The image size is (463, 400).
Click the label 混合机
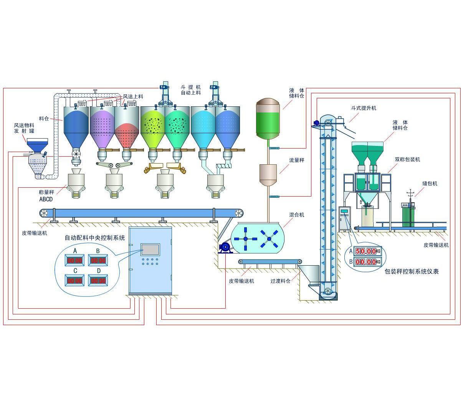pos(296,215)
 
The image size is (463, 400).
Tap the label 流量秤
pos(296,160)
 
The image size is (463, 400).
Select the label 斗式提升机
pos(364,108)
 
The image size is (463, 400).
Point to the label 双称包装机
pos(407,160)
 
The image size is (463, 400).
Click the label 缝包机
pos(430,184)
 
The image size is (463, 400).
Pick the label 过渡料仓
pos(280,281)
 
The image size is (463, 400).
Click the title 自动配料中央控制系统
pos(95,238)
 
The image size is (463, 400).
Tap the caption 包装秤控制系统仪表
pos(412,272)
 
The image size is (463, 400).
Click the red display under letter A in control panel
pos(75,261)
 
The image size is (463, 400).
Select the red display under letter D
pos(98,281)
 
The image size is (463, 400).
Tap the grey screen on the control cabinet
pos(150,250)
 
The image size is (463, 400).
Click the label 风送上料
pos(133,97)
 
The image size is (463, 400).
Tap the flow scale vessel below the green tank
pos(268,174)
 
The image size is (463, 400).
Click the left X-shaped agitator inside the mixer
pos(246,239)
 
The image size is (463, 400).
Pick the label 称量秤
pos(46,192)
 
